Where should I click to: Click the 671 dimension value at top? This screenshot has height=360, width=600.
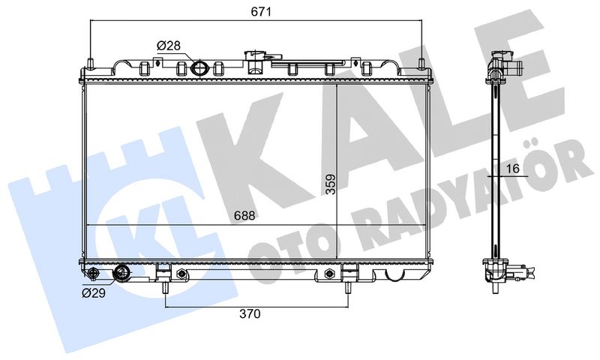(x=261, y=12)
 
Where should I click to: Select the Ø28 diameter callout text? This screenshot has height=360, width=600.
(x=168, y=46)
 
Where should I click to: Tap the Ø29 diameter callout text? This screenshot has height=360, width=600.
(x=94, y=293)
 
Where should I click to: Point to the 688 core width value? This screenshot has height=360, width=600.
(x=244, y=216)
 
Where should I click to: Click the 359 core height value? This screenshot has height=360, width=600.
(x=330, y=184)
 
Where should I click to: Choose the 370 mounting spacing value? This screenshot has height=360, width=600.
(x=250, y=313)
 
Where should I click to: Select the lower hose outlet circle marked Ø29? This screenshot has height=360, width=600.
(x=122, y=274)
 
